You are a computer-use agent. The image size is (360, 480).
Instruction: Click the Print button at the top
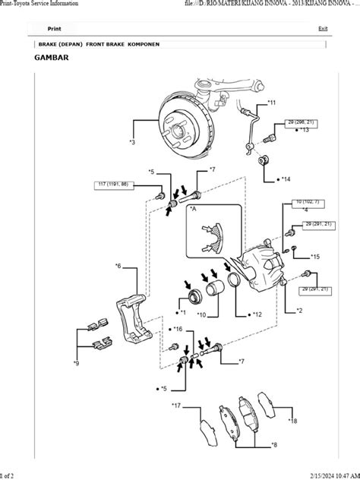54,28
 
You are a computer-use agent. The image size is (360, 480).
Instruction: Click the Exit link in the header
324,28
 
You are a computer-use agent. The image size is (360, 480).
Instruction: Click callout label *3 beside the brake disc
132,142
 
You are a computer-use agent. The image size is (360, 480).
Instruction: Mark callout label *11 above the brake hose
272,102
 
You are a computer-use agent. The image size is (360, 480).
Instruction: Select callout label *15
314,257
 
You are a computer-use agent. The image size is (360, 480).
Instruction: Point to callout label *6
118,266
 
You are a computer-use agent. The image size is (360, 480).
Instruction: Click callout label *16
177,329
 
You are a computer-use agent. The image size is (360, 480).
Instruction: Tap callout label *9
76,364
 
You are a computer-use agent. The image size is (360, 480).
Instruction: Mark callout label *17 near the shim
175,406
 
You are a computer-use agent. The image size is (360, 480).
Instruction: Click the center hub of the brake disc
180,134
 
